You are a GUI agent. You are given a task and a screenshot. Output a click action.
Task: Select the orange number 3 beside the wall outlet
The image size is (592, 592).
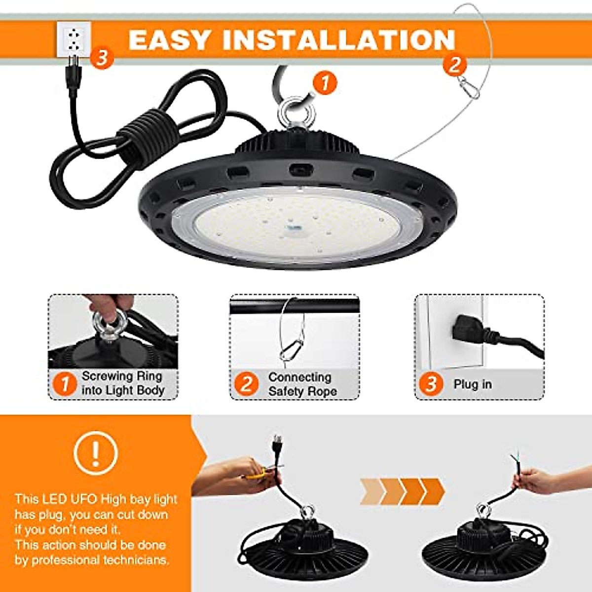pyautogui.click(x=101, y=58)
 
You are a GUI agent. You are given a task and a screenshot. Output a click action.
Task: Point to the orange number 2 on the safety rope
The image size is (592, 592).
pyautogui.click(x=454, y=65)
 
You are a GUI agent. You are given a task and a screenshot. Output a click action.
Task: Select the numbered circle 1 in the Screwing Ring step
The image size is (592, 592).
pyautogui.click(x=65, y=383)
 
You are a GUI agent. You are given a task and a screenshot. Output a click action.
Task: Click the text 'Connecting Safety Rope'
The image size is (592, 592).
pyautogui.click(x=302, y=384)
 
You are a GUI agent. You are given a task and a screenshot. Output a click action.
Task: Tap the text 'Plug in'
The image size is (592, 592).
pyautogui.click(x=473, y=384)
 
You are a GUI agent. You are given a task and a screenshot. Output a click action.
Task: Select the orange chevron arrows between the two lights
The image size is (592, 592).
pyautogui.click(x=402, y=491)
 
